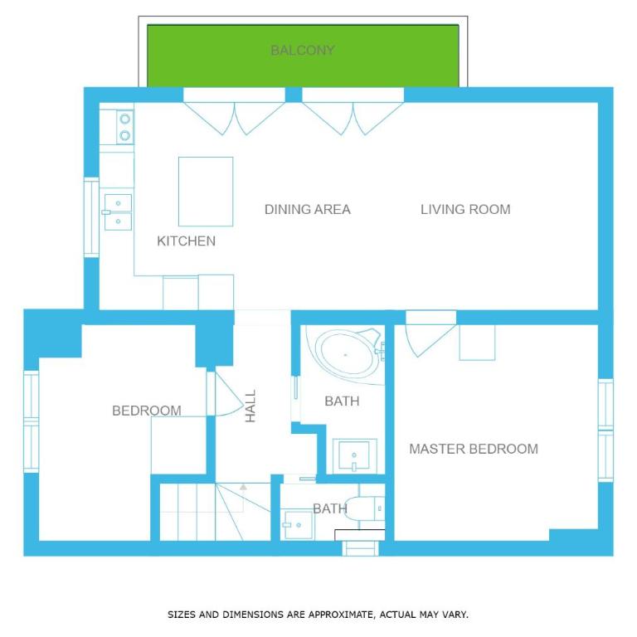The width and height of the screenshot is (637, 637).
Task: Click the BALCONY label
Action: pos(303,51)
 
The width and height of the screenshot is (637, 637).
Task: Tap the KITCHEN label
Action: pos(186,241)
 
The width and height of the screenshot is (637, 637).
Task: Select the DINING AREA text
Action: pos(308,209)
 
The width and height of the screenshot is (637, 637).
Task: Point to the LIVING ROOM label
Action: pos(465,209)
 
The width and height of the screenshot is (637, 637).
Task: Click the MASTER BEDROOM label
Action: pos(474,449)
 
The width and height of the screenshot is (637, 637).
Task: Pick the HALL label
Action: pos(250,406)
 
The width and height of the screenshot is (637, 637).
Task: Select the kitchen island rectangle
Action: pos(206,192)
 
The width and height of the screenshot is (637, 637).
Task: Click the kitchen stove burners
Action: pos(125,127)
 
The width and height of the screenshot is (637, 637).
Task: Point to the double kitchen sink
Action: pos(118,212)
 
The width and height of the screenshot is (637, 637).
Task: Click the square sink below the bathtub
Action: pos(354,456)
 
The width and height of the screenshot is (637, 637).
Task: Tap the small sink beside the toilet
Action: pos(299,524)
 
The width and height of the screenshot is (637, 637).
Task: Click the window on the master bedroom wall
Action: pos(605,430)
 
